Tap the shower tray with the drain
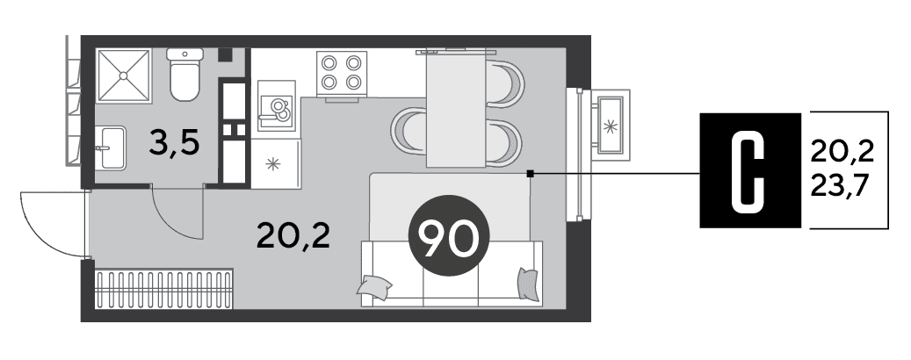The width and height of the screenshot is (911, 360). [123, 76]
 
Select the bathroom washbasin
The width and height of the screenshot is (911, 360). [112, 148]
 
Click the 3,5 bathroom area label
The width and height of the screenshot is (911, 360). [174, 144]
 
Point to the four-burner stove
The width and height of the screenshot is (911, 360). [342, 73]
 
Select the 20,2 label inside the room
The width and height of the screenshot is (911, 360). [293, 237]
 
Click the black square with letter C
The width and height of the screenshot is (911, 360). [750, 169]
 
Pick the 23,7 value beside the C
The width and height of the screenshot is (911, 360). [842, 186]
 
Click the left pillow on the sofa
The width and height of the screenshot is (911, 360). [374, 287]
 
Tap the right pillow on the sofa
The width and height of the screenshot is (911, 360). [528, 284]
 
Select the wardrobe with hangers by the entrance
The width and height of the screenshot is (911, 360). [164, 288]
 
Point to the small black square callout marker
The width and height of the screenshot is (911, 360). [530, 173]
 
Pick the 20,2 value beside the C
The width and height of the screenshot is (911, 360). [842, 153]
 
